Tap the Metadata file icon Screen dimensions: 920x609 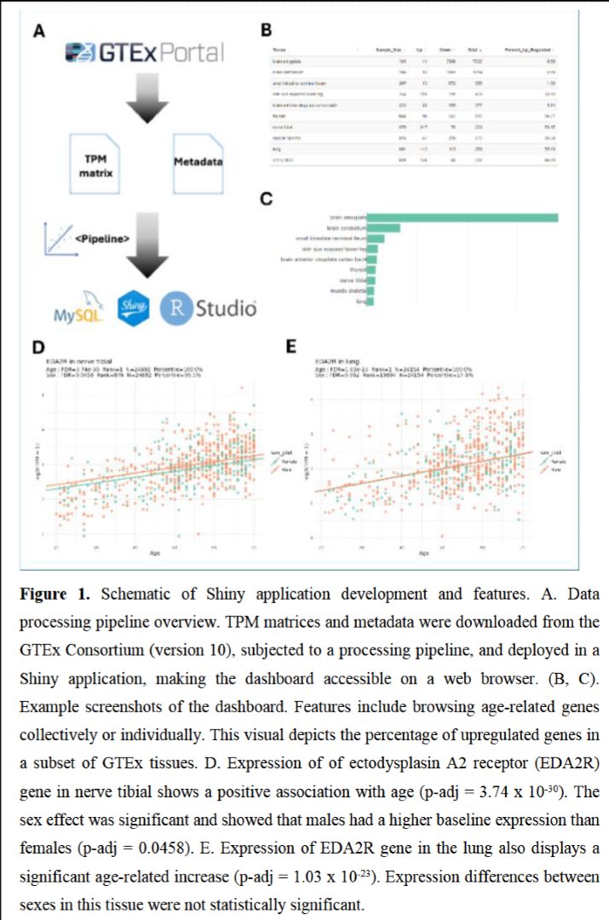click(x=198, y=161)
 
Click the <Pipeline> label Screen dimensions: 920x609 click(x=103, y=239)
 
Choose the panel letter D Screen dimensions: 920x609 click(x=37, y=348)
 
